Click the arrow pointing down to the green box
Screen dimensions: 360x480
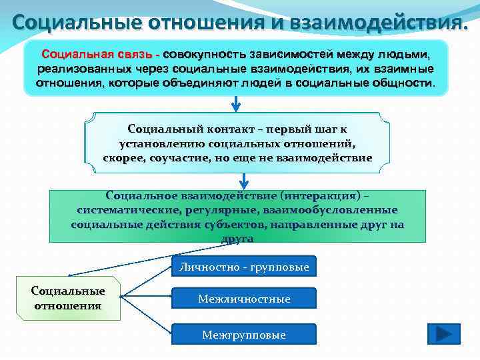click(x=244, y=180)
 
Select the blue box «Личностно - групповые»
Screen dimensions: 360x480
click(x=244, y=267)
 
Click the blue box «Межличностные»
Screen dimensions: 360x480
click(x=244, y=299)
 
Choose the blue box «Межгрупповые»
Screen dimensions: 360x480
click(x=244, y=335)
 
